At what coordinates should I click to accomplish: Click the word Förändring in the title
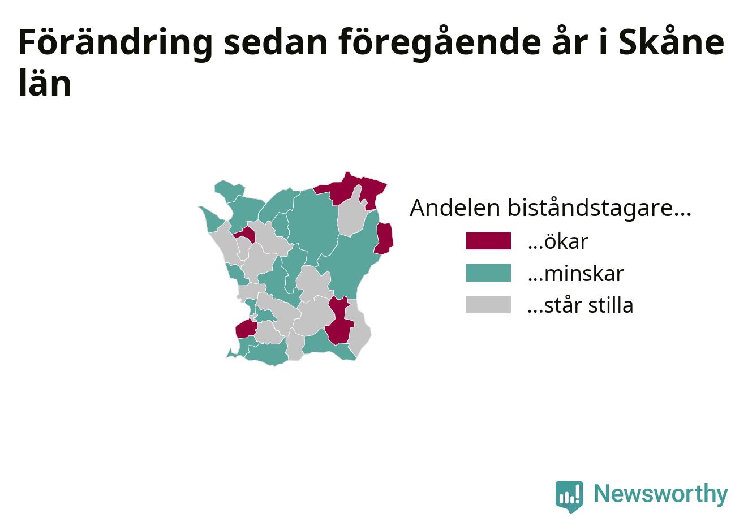coord(115,44)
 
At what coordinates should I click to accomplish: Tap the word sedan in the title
coord(276,43)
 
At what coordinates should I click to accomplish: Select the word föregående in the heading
coord(440,44)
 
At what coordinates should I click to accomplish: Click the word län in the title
coord(45,83)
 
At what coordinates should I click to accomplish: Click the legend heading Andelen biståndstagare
coord(551,208)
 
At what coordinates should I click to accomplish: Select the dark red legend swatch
coord(488,241)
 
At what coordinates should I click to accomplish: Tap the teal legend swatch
coord(488,273)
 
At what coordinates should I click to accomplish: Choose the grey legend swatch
coord(488,304)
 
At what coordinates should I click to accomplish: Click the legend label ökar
coord(558,241)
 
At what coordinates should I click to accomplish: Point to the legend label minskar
coord(575,273)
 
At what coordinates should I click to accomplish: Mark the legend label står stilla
coord(581,304)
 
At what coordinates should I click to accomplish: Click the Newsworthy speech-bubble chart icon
coord(569,497)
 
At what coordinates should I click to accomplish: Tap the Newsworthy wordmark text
coord(661,494)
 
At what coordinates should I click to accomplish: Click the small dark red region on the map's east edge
coord(384,238)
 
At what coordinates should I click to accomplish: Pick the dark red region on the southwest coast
coord(246,329)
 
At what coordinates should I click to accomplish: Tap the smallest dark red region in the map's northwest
coord(247,234)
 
